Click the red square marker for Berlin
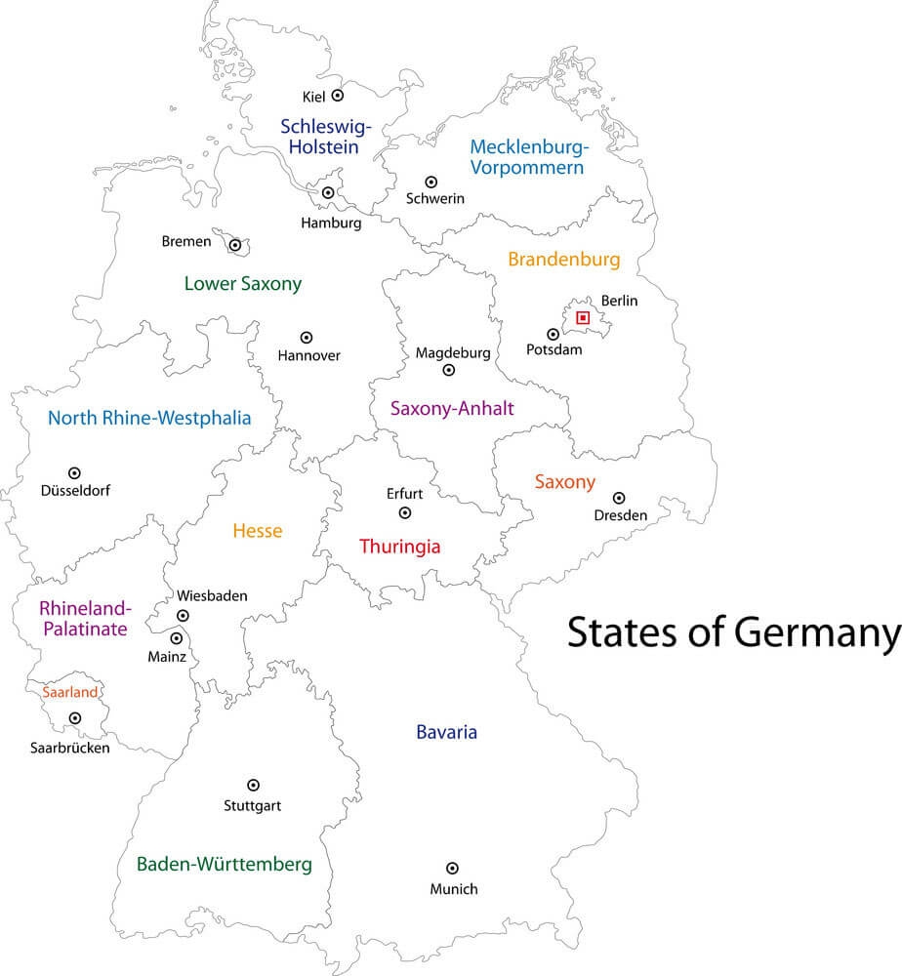tap(583, 317)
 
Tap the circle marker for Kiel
tap(338, 96)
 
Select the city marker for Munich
tap(452, 868)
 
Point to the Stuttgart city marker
tap(253, 785)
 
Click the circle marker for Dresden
tap(618, 498)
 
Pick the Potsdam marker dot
tap(553, 334)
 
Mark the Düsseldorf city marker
tap(74, 473)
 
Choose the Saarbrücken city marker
tap(74, 718)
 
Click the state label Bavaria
tap(446, 732)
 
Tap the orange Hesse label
tap(257, 531)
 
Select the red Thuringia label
tap(400, 547)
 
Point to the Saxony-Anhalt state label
tap(452, 409)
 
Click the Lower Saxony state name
tap(243, 284)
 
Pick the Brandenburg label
tap(564, 260)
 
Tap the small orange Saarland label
tap(70, 692)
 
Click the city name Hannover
tap(309, 355)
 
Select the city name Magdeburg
tap(452, 352)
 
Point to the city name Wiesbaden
tap(212, 595)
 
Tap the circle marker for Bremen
tap(234, 245)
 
